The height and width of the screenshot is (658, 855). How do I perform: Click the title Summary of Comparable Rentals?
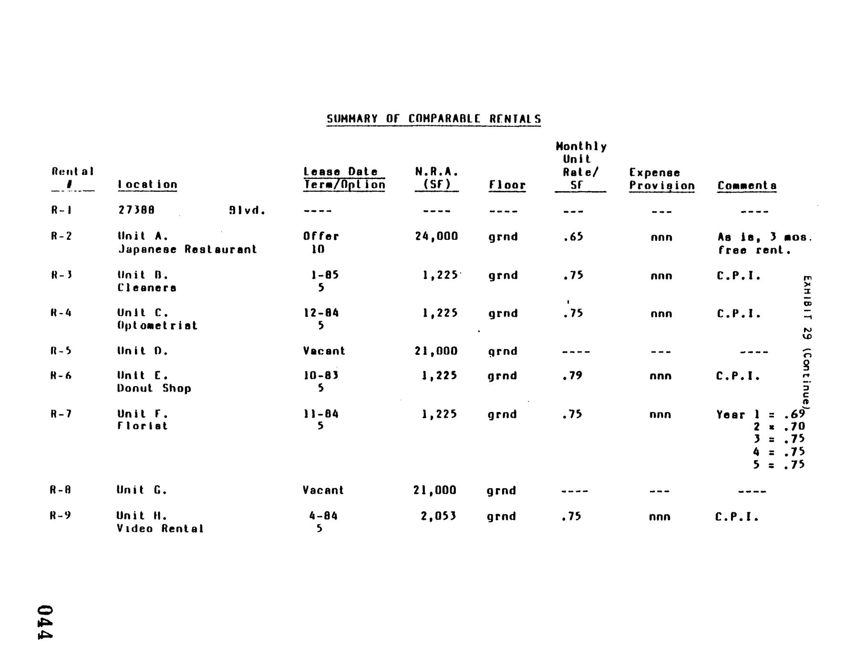click(433, 119)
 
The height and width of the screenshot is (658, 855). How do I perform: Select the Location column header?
click(147, 185)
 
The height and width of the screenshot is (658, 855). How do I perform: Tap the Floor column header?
click(507, 185)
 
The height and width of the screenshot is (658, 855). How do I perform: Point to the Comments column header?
click(747, 185)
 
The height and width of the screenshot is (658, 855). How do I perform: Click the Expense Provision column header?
click(661, 179)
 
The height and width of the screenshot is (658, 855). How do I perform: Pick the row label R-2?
click(61, 236)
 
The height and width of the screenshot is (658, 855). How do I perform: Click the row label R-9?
click(61, 515)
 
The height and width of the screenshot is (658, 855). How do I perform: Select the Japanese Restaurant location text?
click(187, 249)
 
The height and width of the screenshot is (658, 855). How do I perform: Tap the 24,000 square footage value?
click(436, 236)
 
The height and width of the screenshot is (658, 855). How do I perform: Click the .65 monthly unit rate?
click(573, 236)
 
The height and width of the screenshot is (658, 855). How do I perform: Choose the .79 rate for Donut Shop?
click(572, 376)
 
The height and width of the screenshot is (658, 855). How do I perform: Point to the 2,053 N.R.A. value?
click(438, 516)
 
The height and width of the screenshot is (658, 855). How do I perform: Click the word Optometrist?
click(157, 326)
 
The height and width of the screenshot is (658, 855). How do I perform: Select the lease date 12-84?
click(321, 313)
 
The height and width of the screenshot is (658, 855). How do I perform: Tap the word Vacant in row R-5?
click(324, 351)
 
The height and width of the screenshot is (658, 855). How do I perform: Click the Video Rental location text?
click(160, 528)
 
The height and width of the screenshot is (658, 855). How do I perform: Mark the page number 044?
click(45, 622)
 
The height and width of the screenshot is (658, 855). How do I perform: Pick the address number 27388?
click(136, 210)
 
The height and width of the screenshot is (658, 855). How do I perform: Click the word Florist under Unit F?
click(143, 426)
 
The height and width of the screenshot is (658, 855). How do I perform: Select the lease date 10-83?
click(321, 375)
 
